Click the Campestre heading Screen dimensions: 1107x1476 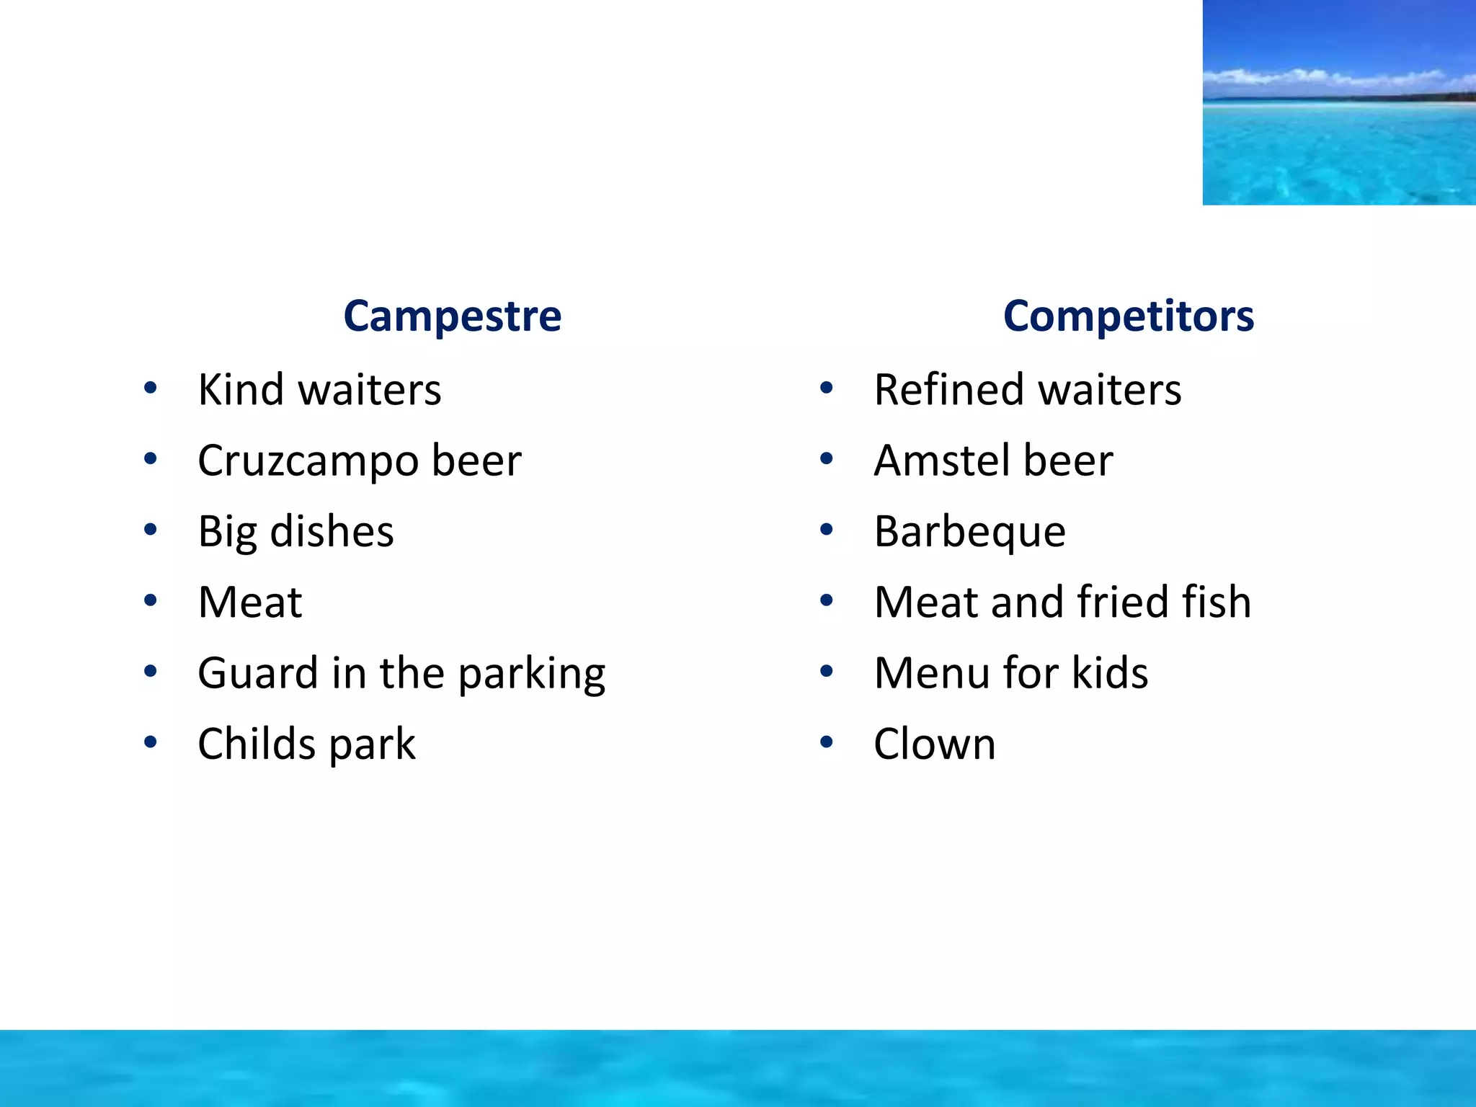pos(452,316)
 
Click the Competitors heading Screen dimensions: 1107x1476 pos(1128,316)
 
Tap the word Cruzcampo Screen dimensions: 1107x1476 pos(308,461)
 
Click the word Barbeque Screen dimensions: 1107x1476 pos(969,532)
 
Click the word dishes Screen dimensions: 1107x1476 pos(332,532)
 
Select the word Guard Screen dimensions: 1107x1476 pos(257,674)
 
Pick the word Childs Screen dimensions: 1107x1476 pos(257,744)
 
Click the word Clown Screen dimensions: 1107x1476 pos(934,744)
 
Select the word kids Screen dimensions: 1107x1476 pos(1110,673)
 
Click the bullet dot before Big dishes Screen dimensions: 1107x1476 pos(150,530)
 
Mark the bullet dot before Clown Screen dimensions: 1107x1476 pos(826,742)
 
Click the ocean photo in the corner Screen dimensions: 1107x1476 pos(1338,102)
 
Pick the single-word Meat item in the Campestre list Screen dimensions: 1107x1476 pos(250,603)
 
